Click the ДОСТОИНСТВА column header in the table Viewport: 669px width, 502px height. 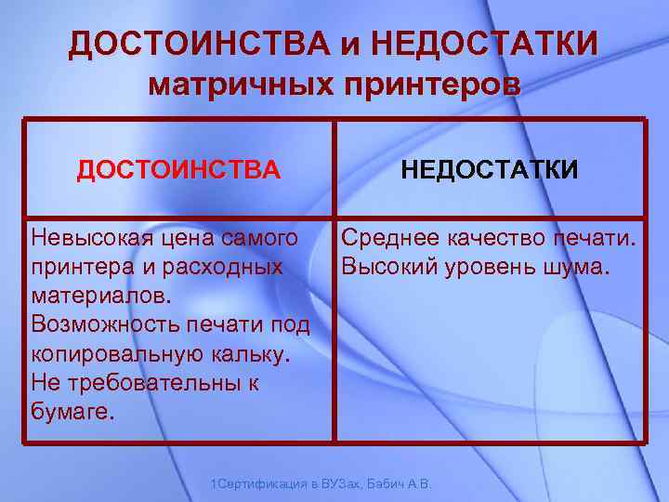click(x=177, y=170)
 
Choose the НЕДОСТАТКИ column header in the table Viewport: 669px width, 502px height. click(x=490, y=170)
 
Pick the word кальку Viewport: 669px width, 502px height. click(x=256, y=354)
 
